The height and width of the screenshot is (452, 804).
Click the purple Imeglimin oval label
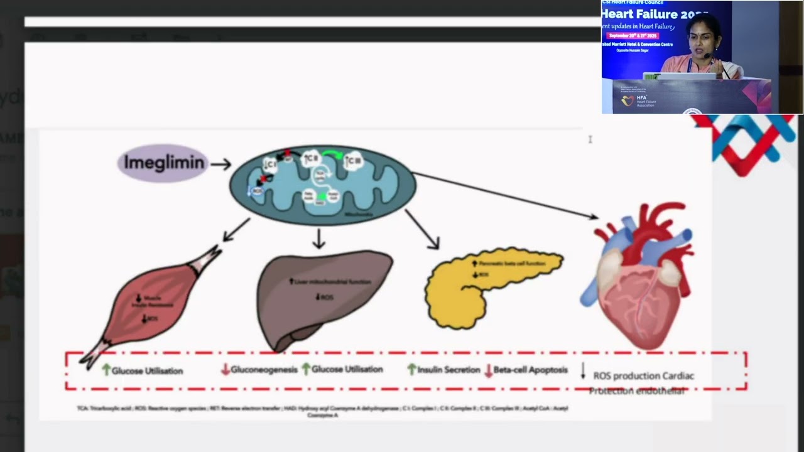coord(163,163)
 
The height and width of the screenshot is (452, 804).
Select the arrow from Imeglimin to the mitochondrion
coord(220,164)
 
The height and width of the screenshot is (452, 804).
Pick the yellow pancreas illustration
coord(484,286)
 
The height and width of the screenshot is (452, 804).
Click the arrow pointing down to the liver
coord(319,239)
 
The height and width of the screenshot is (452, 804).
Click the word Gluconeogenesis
coord(264,370)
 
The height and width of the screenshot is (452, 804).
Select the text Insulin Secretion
coord(448,370)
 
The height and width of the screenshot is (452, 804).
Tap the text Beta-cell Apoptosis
coord(530,370)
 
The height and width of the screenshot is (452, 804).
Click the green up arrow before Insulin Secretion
coord(412,370)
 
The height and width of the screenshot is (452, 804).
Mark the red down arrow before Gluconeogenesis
coord(225,370)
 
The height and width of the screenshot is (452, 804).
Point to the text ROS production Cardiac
coord(643,376)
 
